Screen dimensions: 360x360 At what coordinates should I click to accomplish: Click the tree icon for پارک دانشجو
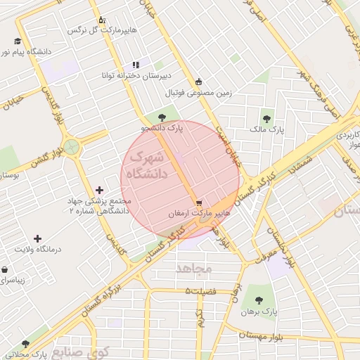pos(162,117)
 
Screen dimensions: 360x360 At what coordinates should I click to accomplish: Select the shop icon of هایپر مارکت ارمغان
pos(200,202)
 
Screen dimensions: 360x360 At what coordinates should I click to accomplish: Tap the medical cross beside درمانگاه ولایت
pos(38,239)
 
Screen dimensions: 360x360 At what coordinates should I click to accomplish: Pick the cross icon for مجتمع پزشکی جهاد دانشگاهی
pos(99,190)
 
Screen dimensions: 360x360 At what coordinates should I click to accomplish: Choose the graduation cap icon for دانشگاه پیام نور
pos(18,40)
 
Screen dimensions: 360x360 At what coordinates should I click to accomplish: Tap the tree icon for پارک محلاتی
pos(26,344)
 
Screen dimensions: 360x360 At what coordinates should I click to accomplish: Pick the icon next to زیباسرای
pos(5,269)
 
